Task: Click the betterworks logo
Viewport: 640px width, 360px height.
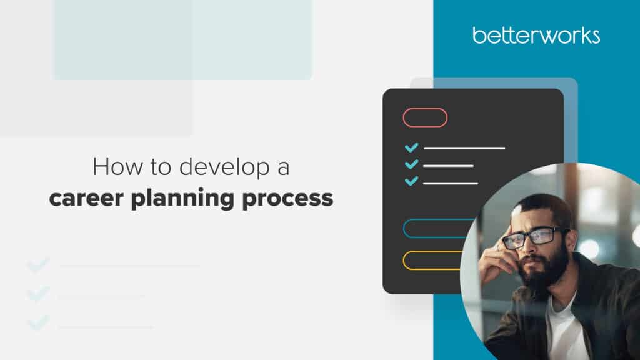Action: pos(536,36)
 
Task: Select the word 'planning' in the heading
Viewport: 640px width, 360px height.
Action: pos(188,200)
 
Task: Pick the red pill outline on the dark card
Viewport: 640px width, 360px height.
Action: pos(425,117)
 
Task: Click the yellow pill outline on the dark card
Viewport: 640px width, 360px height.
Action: pos(432,260)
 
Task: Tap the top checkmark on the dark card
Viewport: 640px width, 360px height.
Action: pos(411,148)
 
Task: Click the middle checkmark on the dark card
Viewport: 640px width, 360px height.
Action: pos(411,165)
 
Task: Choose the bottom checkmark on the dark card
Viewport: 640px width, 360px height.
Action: pos(411,182)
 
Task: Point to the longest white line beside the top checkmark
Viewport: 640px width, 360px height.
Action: pos(464,148)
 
